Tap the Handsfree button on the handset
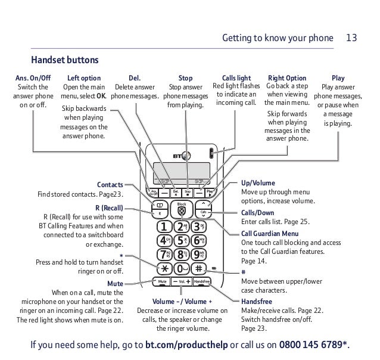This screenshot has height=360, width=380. tap(204, 281)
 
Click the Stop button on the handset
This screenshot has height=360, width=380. tap(187, 192)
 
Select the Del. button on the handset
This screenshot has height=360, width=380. tap(176, 192)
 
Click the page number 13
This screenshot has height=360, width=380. tap(351, 38)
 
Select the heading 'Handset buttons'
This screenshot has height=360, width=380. tap(64, 61)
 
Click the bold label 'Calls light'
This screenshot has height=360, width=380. tap(236, 78)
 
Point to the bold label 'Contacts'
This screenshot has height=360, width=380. tap(110, 185)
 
